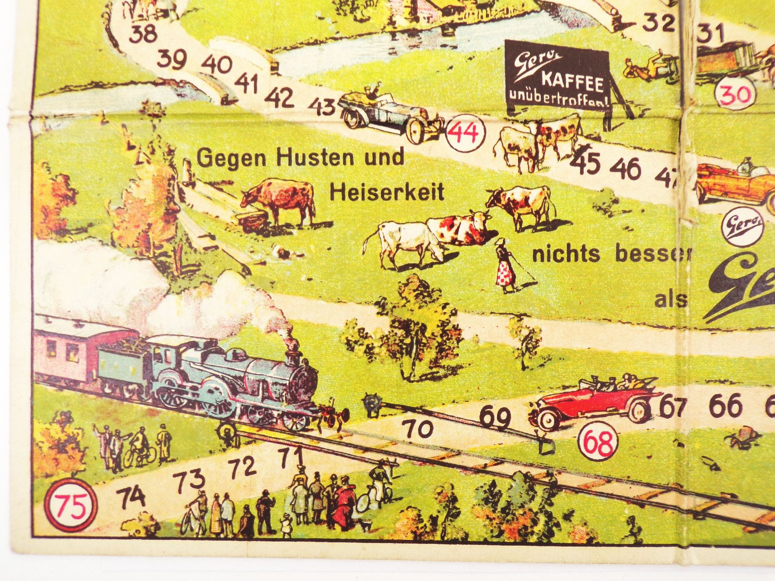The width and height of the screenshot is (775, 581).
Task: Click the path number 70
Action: pyautogui.click(x=419, y=429)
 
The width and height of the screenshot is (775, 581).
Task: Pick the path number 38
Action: pyautogui.click(x=143, y=34)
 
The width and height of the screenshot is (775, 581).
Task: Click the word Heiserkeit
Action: pyautogui.click(x=387, y=192)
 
